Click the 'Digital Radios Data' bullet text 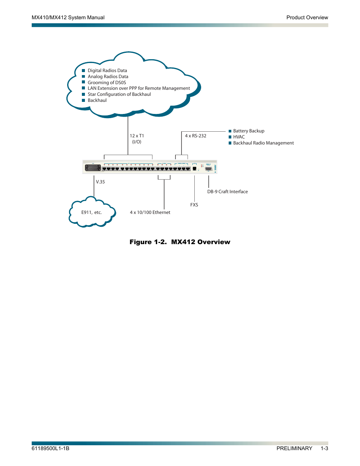pyautogui.click(x=107, y=71)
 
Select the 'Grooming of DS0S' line pyautogui.click(x=107, y=83)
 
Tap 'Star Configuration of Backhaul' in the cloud pyautogui.click(x=119, y=94)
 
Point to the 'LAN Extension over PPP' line pyautogui.click(x=139, y=88)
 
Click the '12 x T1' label pyautogui.click(x=137, y=136)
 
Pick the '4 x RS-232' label pyautogui.click(x=195, y=136)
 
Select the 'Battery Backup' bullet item pyautogui.click(x=249, y=131)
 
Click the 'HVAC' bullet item pyautogui.click(x=239, y=137)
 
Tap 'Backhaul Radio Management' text pyautogui.click(x=263, y=143)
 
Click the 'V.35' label pyautogui.click(x=100, y=182)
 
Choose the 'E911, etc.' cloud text pyautogui.click(x=92, y=212)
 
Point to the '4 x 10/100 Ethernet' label pyautogui.click(x=150, y=212)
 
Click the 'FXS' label pyautogui.click(x=194, y=205)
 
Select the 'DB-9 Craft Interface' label pyautogui.click(x=228, y=192)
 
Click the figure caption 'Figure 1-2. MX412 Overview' pyautogui.click(x=180, y=242)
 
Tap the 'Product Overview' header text pyautogui.click(x=307, y=17)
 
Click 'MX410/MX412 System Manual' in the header pyautogui.click(x=68, y=17)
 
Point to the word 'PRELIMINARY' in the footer pyautogui.click(x=294, y=448)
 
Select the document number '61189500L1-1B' pyautogui.click(x=51, y=448)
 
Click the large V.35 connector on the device pyautogui.click(x=93, y=168)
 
